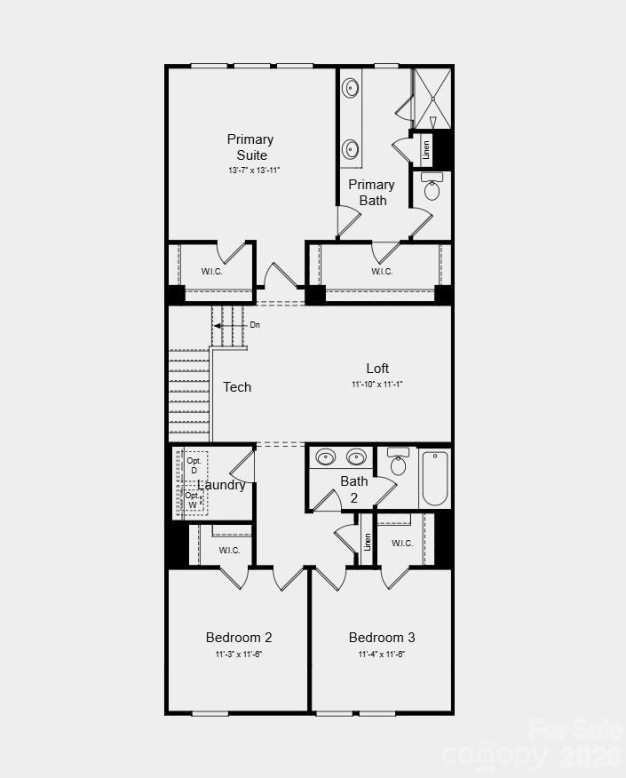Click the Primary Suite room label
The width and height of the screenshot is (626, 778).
click(x=250, y=147)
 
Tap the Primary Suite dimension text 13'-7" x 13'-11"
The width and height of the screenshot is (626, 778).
click(x=254, y=170)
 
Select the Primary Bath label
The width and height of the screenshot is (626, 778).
click(x=371, y=192)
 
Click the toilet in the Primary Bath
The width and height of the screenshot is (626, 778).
click(x=432, y=187)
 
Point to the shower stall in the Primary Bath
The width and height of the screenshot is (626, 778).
click(x=432, y=99)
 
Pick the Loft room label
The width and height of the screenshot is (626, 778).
click(x=377, y=369)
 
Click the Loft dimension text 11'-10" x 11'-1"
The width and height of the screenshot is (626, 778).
click(x=377, y=385)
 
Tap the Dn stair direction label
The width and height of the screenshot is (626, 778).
click(x=255, y=325)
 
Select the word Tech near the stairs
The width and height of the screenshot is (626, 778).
click(x=237, y=387)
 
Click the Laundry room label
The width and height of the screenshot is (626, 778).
click(x=221, y=485)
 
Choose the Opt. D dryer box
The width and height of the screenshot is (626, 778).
click(x=194, y=465)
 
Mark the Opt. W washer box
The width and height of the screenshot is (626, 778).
click(x=193, y=500)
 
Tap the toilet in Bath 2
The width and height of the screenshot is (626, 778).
click(x=399, y=463)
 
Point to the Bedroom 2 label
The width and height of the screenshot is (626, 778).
click(x=239, y=637)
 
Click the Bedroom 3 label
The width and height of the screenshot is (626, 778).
click(x=381, y=637)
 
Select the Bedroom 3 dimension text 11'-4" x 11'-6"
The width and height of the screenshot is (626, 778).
click(x=381, y=655)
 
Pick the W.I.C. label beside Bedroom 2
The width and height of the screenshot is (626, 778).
click(x=229, y=551)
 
